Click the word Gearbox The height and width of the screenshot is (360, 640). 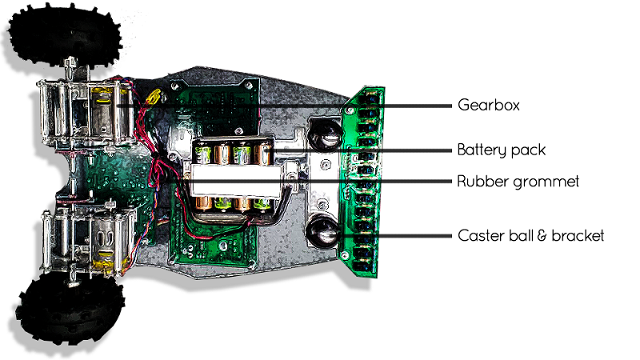(489, 105)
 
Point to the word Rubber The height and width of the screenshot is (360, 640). (481, 182)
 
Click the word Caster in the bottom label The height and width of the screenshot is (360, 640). (478, 235)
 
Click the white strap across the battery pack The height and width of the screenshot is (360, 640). (232, 174)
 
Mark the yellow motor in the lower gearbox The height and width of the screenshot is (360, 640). (104, 256)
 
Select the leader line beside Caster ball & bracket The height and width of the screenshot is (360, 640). (392, 236)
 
